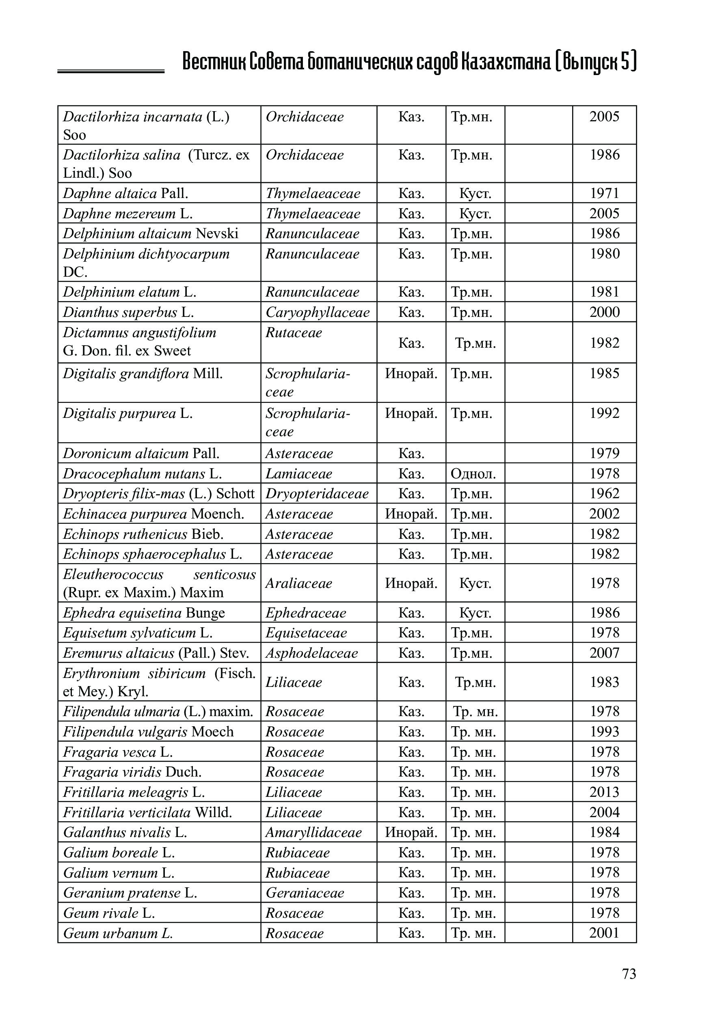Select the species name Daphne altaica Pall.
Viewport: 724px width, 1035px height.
point(125,194)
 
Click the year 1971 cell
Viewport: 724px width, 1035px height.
point(605,194)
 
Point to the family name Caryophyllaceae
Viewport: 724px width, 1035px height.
point(317,312)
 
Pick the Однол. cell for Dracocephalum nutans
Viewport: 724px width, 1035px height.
point(473,473)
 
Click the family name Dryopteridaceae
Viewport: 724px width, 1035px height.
point(317,494)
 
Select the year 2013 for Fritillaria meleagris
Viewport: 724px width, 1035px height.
point(605,792)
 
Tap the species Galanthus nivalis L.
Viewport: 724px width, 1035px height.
point(125,832)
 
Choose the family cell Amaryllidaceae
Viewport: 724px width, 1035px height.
point(313,832)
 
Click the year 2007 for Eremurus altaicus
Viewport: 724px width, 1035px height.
point(605,653)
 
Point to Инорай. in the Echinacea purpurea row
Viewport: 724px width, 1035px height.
point(411,514)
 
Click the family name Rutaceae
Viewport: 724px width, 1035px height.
point(294,333)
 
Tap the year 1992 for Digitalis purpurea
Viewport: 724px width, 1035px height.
point(605,413)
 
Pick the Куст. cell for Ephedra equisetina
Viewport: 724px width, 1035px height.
point(475,613)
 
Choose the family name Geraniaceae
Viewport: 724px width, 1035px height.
point(305,893)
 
